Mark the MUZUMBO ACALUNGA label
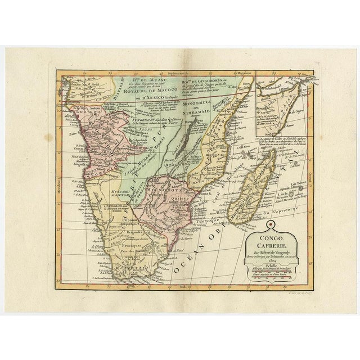[117, 183]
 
